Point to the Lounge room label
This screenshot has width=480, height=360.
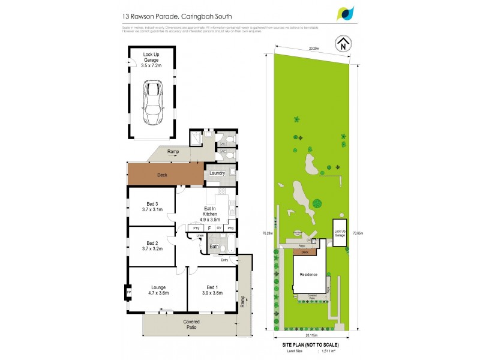coord(158,290)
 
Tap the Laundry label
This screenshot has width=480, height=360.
coord(217,173)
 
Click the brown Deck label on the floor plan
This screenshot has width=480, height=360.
coord(162,175)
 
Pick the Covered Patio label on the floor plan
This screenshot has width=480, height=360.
coord(191,325)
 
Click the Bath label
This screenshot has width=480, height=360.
coord(214,246)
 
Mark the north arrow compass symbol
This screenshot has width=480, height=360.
coord(342,43)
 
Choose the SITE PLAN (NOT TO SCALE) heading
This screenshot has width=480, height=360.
coord(310,345)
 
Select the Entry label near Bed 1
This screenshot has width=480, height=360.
coord(224,260)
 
